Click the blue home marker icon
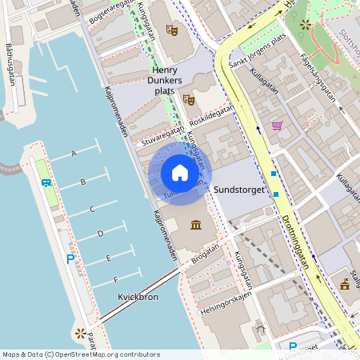click(180, 173)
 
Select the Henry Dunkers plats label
click(174, 80)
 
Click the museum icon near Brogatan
click(196, 225)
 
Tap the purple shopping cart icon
click(277, 125)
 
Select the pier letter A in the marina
click(74, 153)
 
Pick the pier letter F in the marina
click(116, 279)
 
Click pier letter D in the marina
click(100, 234)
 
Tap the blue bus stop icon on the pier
click(46, 182)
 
